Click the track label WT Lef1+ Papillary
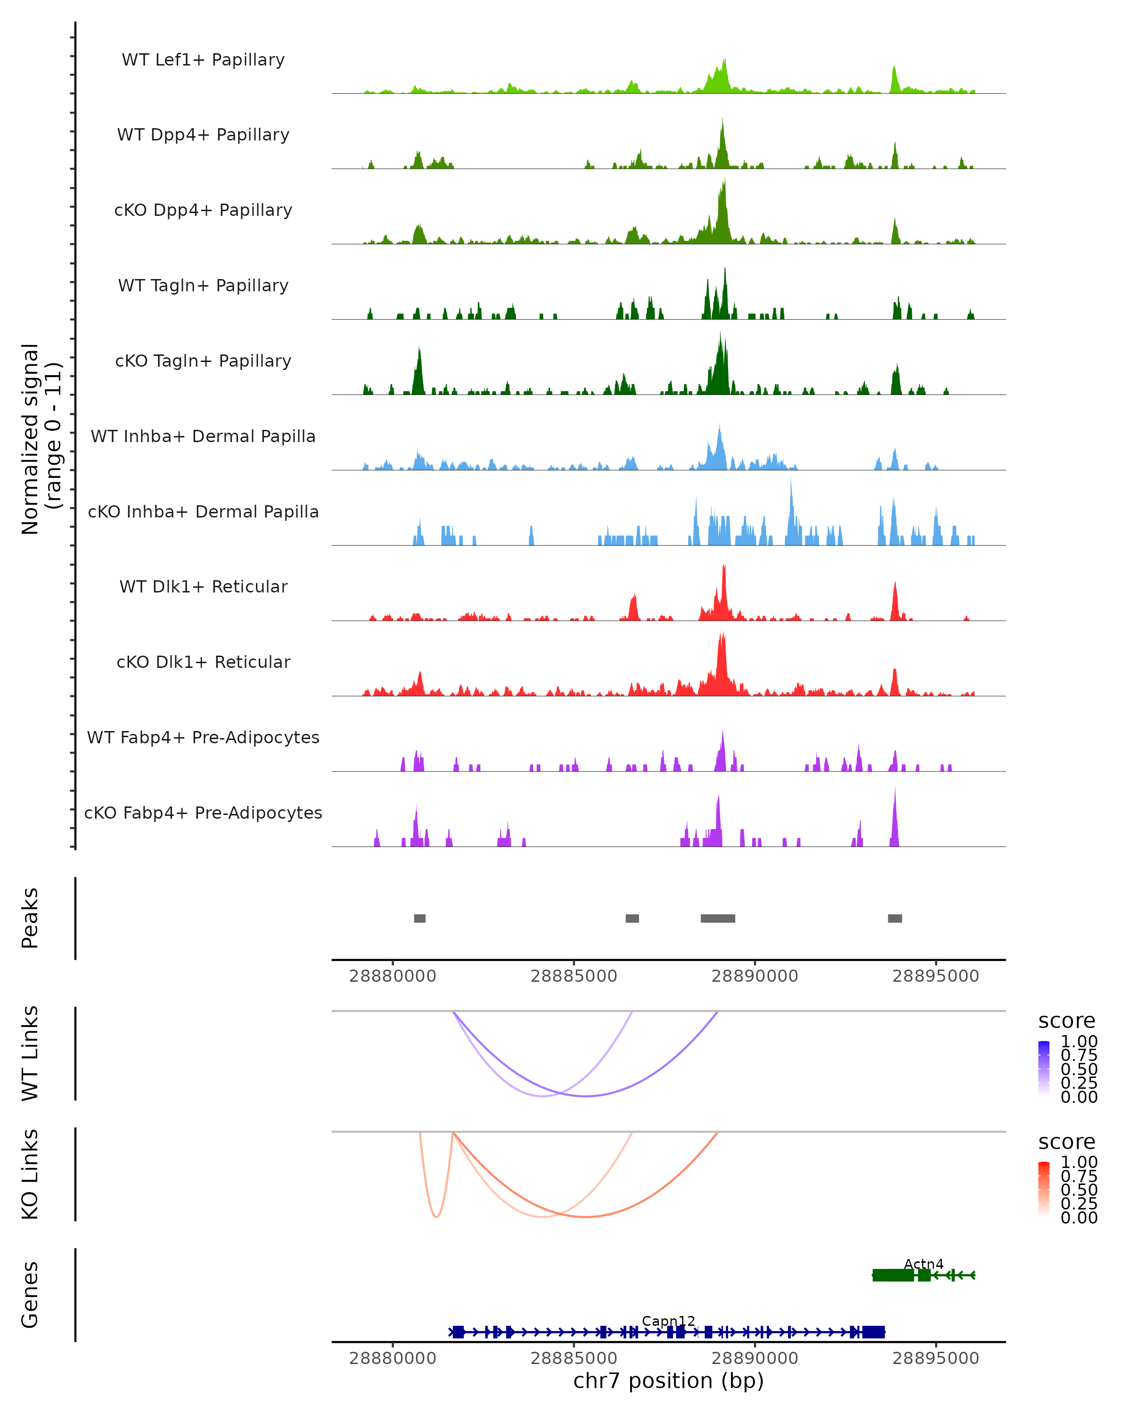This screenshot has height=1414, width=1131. [x=203, y=60]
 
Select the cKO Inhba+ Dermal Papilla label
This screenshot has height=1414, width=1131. [x=203, y=511]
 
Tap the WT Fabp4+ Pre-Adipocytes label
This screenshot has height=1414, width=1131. [x=203, y=737]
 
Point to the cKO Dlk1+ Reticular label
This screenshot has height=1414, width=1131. [x=203, y=662]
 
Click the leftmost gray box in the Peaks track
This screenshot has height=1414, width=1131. [x=419, y=918]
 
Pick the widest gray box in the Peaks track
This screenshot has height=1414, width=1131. [x=717, y=918]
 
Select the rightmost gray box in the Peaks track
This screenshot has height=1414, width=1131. [x=894, y=918]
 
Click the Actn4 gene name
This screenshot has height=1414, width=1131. [x=923, y=1264]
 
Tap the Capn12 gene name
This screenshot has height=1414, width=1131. [x=668, y=1321]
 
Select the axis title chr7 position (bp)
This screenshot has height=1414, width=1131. [x=668, y=1381]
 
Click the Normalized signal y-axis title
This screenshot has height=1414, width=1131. [x=41, y=439]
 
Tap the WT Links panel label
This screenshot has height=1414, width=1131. [x=30, y=1054]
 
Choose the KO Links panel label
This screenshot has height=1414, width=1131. [x=30, y=1175]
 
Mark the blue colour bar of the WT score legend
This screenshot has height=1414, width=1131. [x=1044, y=1069]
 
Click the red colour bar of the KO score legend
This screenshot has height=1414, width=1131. [x=1044, y=1189]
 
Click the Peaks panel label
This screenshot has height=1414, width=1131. [x=30, y=918]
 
